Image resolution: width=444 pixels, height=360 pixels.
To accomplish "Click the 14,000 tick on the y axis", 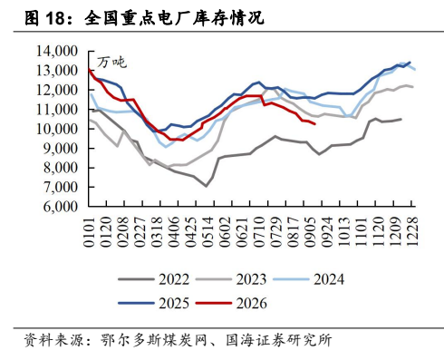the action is coord(57,51).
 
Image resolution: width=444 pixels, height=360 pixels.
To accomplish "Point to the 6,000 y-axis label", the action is coord(61,207).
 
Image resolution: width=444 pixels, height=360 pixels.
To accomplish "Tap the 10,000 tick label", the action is coord(57,129).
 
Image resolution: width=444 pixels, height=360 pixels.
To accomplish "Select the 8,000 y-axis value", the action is coord(61,168).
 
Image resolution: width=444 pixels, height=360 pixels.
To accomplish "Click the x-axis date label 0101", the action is coord(89,232).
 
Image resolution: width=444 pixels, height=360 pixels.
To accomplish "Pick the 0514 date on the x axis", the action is coord(208,232).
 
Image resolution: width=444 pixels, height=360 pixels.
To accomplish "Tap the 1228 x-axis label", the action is coord(411,232).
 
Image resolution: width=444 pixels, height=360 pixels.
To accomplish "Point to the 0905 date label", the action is coord(310,232).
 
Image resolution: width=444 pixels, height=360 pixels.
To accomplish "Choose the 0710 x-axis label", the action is coord(259,232).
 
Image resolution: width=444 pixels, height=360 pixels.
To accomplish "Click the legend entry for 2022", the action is coord(154,279).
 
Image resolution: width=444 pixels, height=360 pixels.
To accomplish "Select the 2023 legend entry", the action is coord(231,279).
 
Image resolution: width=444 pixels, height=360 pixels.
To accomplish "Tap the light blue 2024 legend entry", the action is coord(308,279).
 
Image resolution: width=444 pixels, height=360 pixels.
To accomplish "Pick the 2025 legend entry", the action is coord(154,303).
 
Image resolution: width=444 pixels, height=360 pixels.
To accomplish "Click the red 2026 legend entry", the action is coord(231,303).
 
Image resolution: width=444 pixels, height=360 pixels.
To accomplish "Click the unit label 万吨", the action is coord(111,63).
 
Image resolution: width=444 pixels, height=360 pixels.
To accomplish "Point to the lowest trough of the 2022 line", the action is coord(207,186).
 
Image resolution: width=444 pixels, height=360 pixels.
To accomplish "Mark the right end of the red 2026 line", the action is coord(315,123).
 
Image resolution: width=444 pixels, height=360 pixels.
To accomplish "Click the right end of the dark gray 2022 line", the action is coord(401,119).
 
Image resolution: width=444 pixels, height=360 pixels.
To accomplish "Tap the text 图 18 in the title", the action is coord(44,18).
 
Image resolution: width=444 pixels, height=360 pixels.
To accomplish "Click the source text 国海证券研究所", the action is coord(279,340).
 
